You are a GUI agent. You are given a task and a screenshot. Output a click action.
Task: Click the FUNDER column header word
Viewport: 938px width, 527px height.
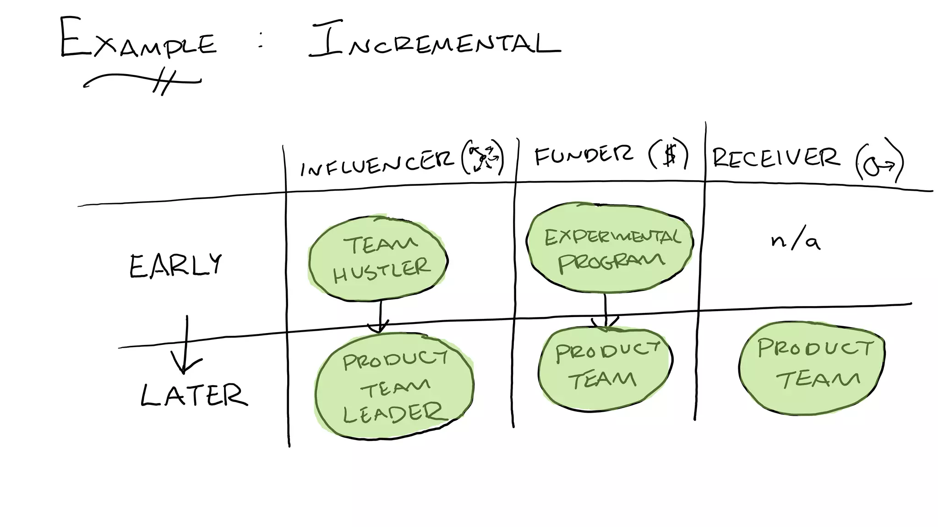[x=584, y=156]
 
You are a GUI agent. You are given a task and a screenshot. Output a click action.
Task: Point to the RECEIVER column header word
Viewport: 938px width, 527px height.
[x=776, y=158]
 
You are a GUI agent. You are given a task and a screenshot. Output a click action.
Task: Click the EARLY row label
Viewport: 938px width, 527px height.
[x=175, y=266]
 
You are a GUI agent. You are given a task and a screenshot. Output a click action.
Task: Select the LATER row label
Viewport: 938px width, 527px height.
[x=194, y=396]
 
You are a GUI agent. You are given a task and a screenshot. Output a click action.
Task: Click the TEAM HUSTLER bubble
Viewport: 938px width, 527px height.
[x=378, y=259]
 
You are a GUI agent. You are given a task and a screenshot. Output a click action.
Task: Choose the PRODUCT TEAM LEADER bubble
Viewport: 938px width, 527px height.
[x=394, y=387]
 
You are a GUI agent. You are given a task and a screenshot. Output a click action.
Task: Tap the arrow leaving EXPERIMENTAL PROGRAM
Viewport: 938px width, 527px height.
[x=605, y=311]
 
